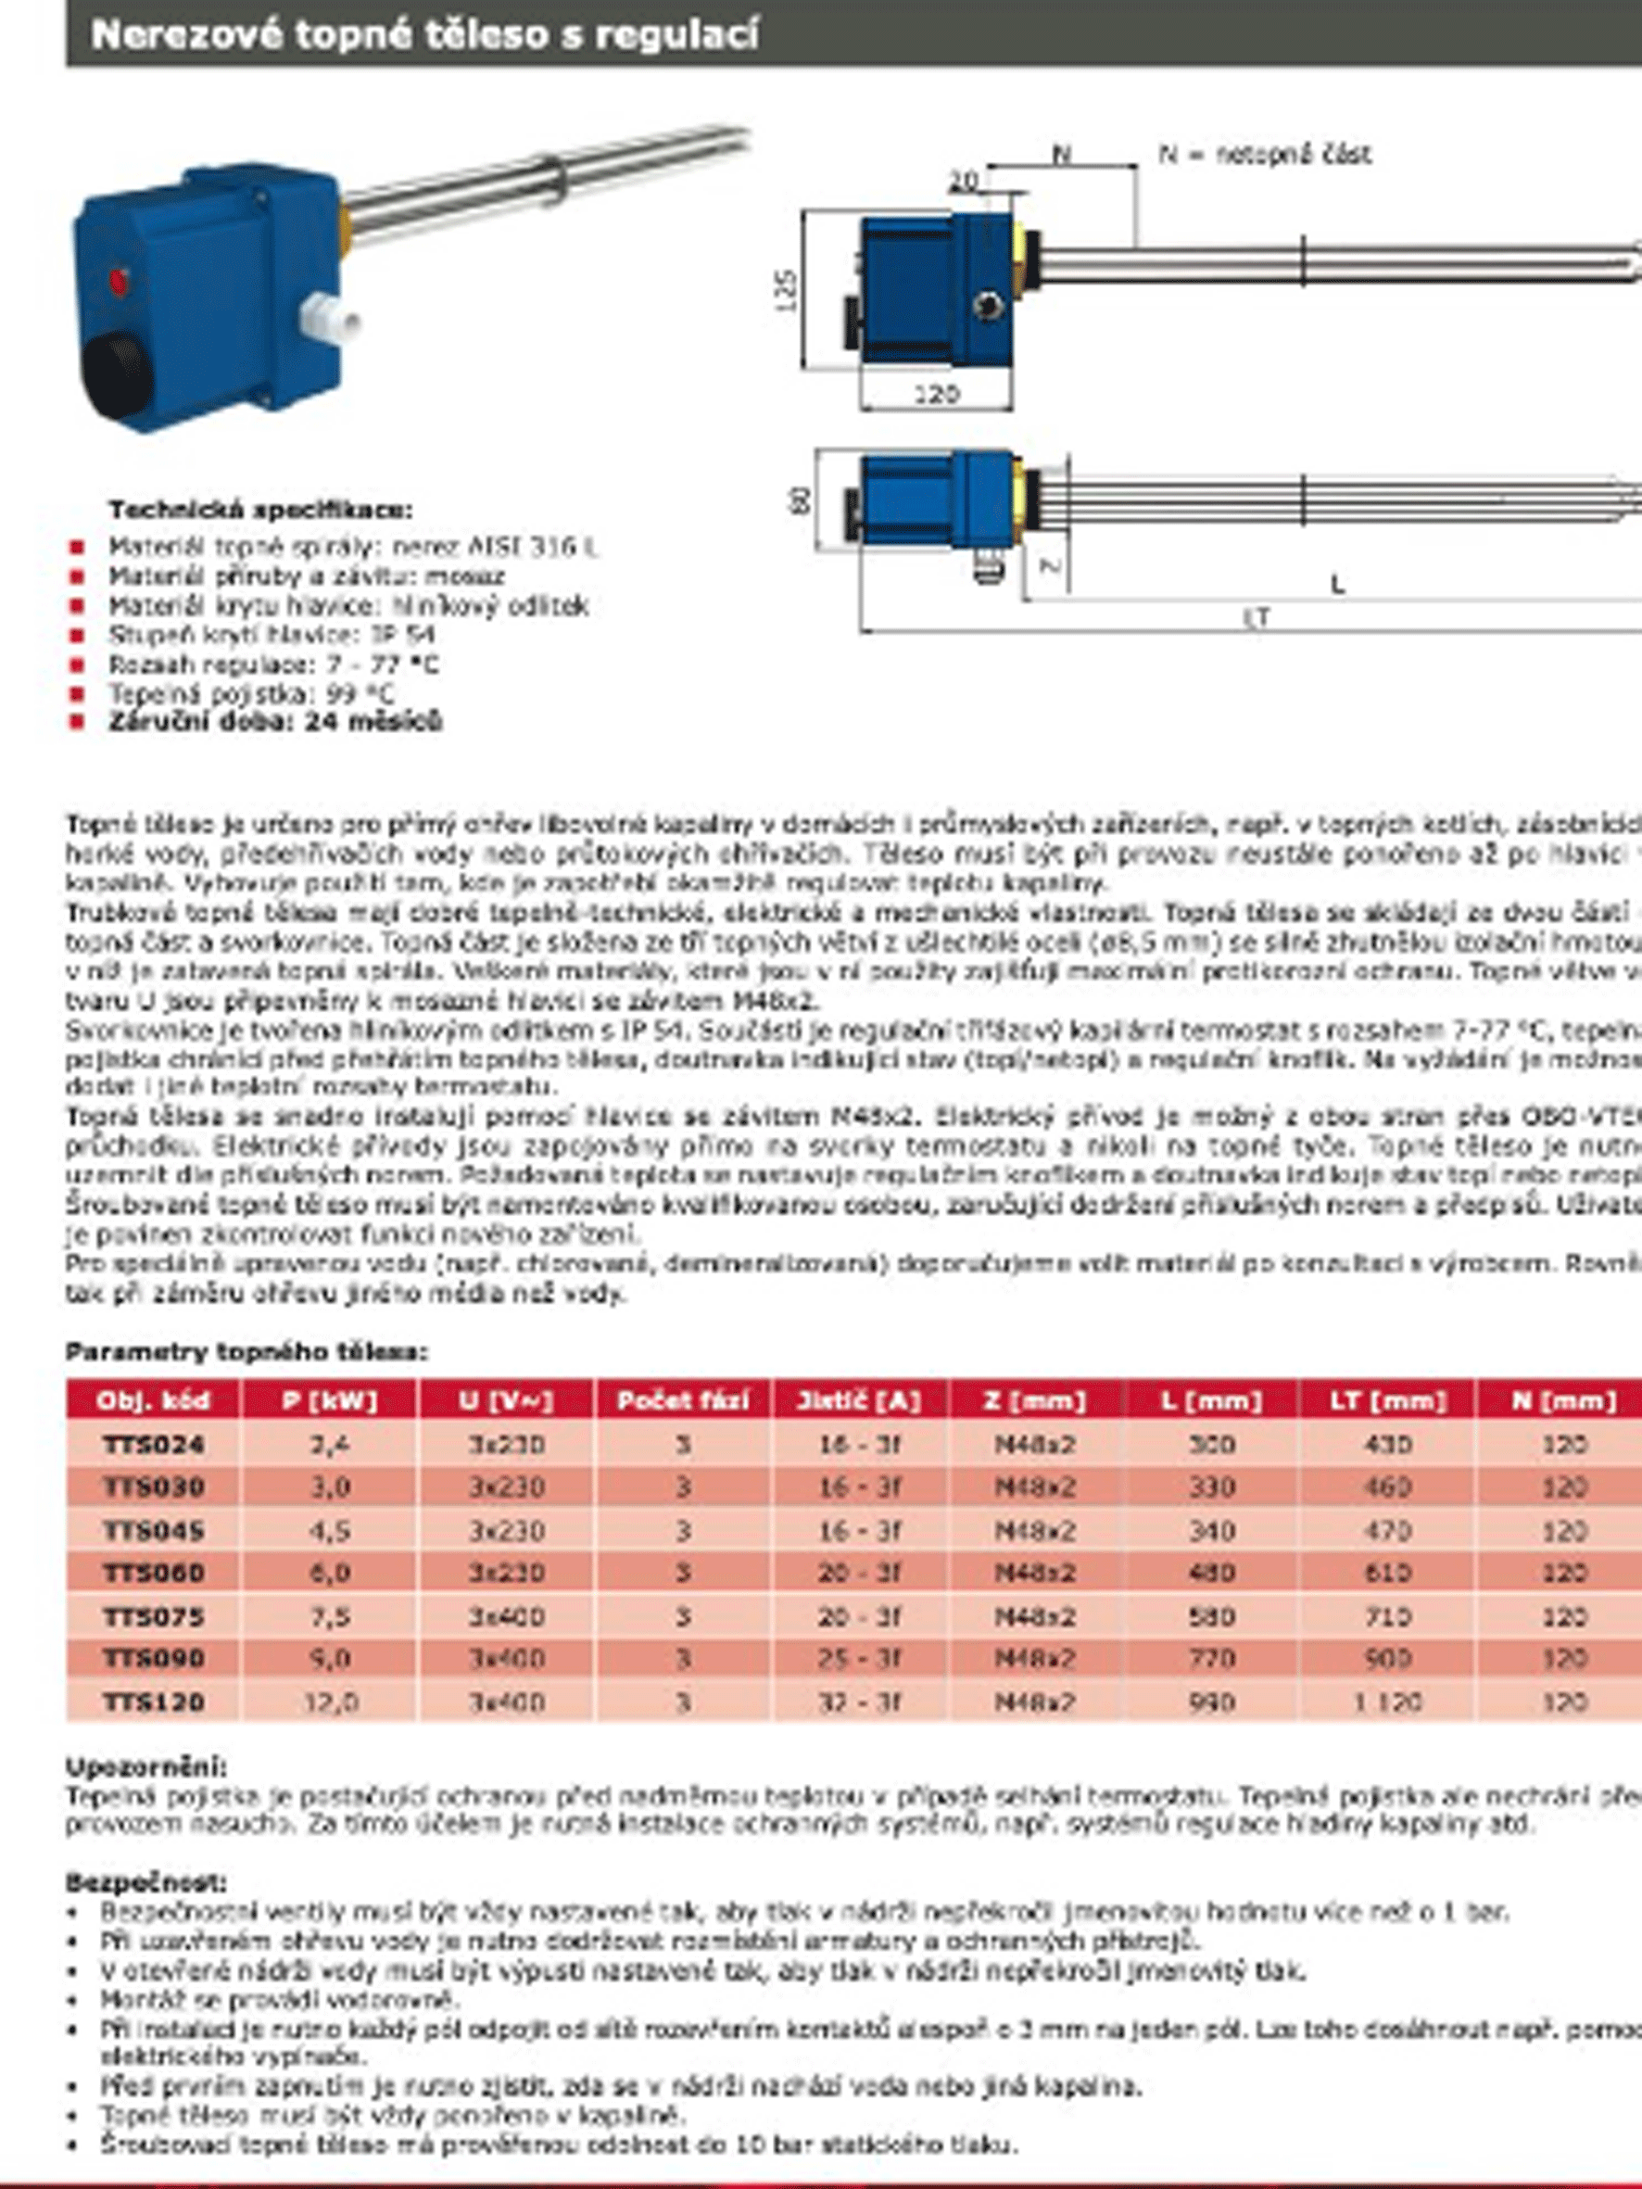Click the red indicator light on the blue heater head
[120, 281]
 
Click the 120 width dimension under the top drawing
[935, 395]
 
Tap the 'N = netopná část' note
[1265, 155]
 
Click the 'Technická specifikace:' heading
[260, 511]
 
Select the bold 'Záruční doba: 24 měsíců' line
[275, 721]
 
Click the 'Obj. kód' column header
[152, 1401]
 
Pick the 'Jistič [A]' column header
[859, 1401]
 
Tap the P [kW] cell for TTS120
[330, 1702]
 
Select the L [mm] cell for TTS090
[1211, 1659]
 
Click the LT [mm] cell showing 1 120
[1386, 1702]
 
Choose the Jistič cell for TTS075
[859, 1616]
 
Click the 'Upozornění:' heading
[146, 1766]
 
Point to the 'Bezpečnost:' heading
[146, 1881]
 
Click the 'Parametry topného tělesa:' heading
[247, 1352]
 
